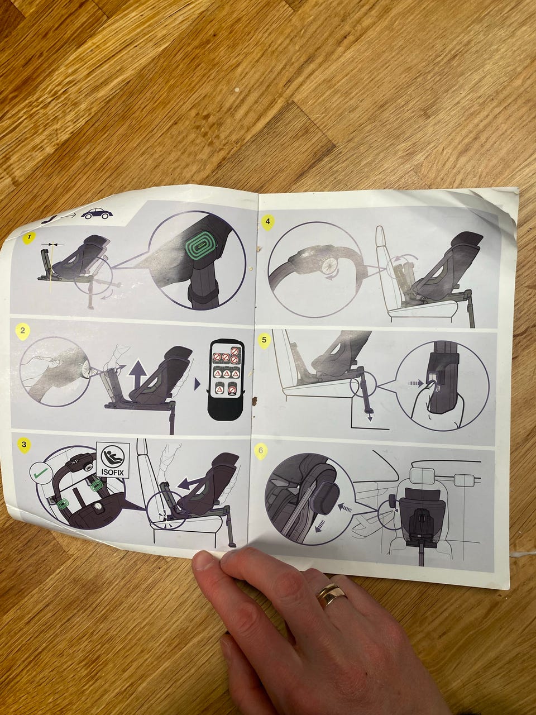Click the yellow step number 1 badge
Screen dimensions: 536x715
pyautogui.click(x=28, y=238)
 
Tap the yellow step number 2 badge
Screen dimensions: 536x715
pyautogui.click(x=23, y=331)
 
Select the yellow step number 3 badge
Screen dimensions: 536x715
pyautogui.click(x=23, y=444)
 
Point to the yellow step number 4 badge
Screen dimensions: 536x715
pyautogui.click(x=267, y=222)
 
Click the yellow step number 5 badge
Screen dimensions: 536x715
pyautogui.click(x=264, y=340)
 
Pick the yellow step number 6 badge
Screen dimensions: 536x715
pyautogui.click(x=261, y=451)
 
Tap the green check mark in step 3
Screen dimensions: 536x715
pyautogui.click(x=41, y=471)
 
